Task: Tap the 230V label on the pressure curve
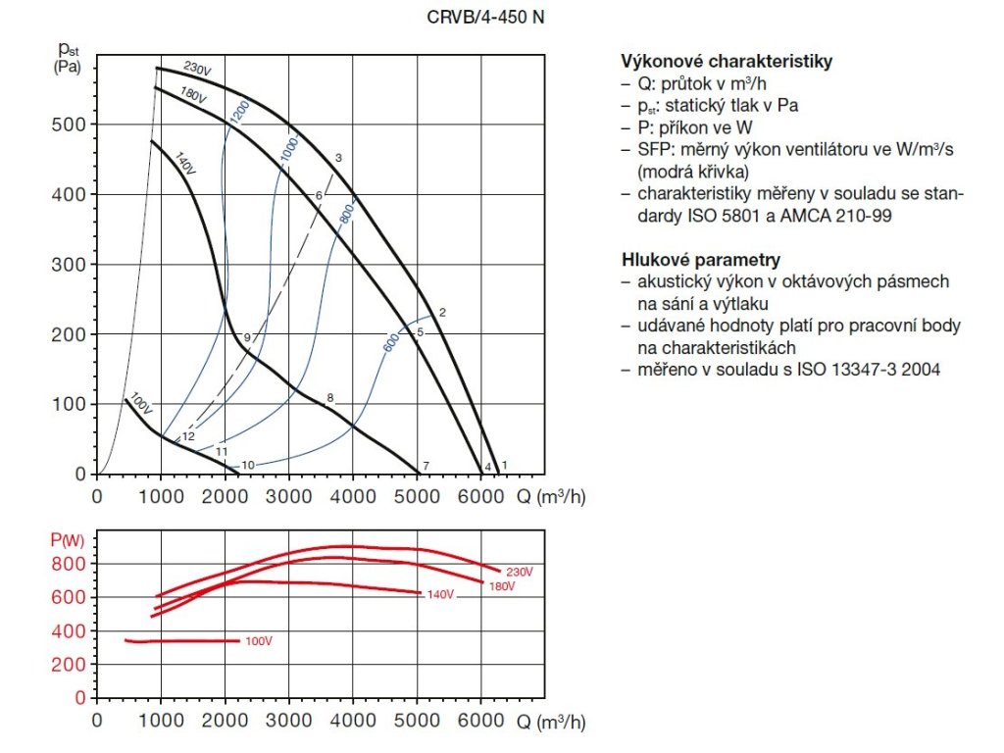click(x=198, y=71)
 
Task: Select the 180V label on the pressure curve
click(x=191, y=96)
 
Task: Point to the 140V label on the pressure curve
click(x=185, y=163)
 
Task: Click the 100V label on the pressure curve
click(x=141, y=404)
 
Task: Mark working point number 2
click(x=442, y=313)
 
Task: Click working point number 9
click(x=248, y=337)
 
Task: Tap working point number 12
click(x=189, y=436)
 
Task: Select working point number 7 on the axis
click(x=426, y=465)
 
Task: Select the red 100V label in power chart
click(x=258, y=641)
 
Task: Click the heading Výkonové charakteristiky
click(x=727, y=62)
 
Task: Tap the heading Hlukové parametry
click(x=701, y=260)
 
